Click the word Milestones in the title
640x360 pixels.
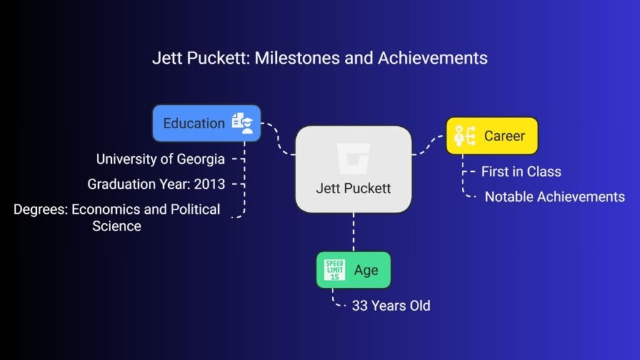[x=297, y=58]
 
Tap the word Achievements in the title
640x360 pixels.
[x=432, y=58]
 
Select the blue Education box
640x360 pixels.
[x=206, y=123]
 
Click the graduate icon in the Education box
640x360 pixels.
[x=242, y=123]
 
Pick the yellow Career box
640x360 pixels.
[x=492, y=136]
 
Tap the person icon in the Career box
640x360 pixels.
[x=465, y=136]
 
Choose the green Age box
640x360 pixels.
[x=354, y=270]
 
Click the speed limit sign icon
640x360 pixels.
[x=334, y=270]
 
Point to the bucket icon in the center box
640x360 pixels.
[x=354, y=158]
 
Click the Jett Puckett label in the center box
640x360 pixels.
[x=354, y=188]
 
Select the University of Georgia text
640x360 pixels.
[x=161, y=159]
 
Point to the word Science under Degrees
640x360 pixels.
[x=117, y=226]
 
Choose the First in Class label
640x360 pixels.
[x=521, y=172]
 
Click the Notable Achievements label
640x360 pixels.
[x=555, y=197]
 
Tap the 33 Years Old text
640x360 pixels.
[x=391, y=306]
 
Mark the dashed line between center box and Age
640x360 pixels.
[x=354, y=232]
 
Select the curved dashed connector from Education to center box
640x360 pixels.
[x=278, y=138]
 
